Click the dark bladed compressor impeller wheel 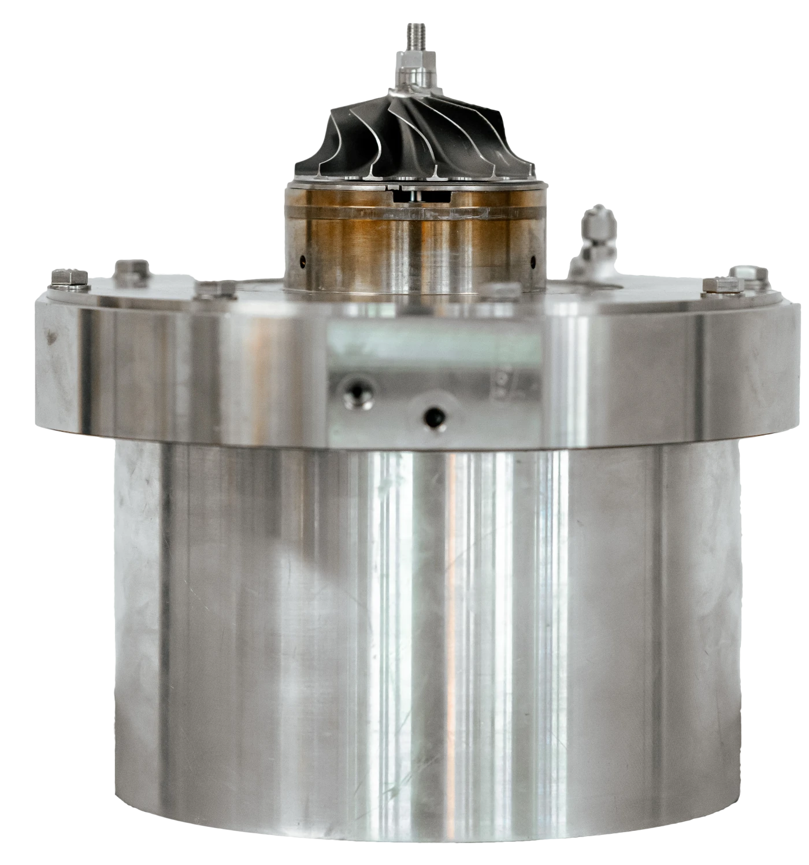404,139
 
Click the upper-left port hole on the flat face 354,393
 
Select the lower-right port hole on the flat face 433,415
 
